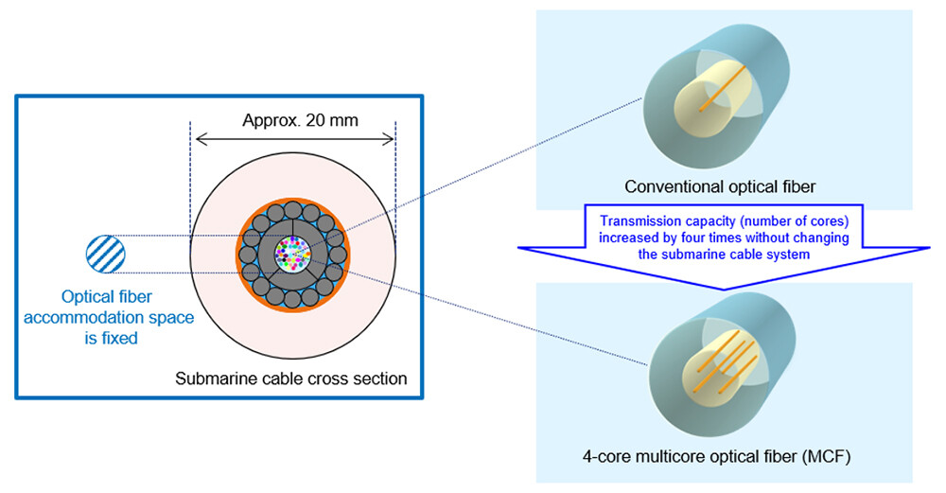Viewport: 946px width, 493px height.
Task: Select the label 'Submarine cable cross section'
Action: (x=291, y=379)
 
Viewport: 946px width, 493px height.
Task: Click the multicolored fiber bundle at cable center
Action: (x=292, y=254)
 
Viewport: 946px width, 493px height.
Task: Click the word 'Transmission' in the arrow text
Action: (x=639, y=220)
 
